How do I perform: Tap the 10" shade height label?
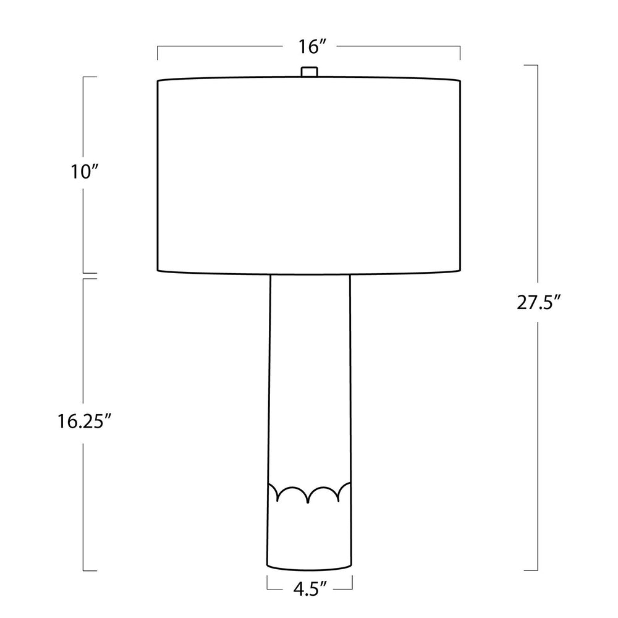84,172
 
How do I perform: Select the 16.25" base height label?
83,421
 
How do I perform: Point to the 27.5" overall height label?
539,303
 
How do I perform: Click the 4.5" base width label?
310,589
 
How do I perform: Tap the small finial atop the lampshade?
310,72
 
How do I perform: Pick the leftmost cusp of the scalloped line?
278,500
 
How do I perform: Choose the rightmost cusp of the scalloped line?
339,500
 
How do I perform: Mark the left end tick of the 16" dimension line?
158,53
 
